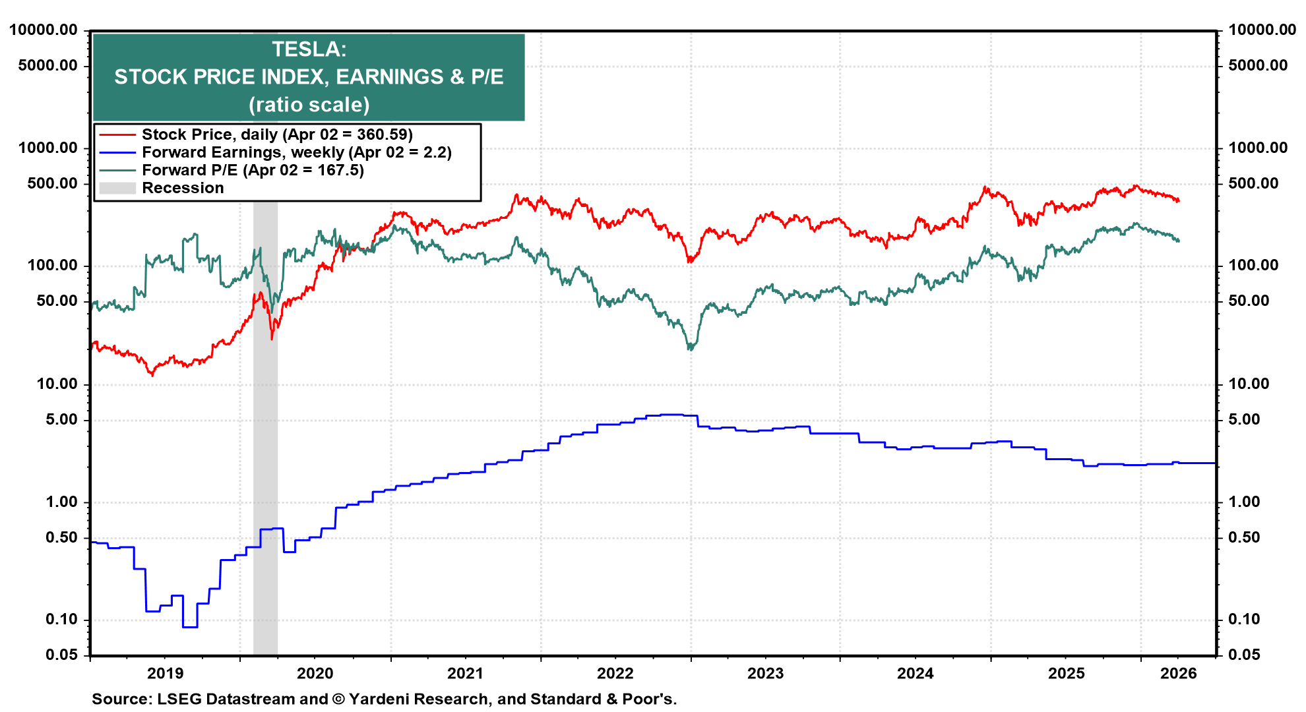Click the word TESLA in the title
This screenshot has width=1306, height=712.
coord(309,49)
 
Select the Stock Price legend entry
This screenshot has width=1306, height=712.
coord(277,134)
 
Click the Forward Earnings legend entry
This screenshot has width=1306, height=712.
coord(296,152)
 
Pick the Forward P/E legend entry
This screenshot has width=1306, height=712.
coord(253,170)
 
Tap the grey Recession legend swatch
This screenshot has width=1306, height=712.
coord(117,188)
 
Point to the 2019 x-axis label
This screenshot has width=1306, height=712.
coord(165,673)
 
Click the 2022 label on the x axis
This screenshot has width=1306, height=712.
coord(615,673)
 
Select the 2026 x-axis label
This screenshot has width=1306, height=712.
coord(1178,673)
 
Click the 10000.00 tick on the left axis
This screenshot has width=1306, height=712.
coord(44,30)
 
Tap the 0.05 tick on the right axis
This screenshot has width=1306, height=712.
coord(1244,655)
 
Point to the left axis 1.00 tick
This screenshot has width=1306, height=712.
coord(61,502)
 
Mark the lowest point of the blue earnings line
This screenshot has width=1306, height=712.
coord(190,626)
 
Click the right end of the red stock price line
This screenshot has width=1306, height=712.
coord(1179,200)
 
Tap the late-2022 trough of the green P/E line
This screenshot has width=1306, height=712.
coord(691,347)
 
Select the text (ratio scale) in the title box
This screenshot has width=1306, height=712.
coord(309,105)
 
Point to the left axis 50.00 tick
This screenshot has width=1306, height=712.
coord(57,301)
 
